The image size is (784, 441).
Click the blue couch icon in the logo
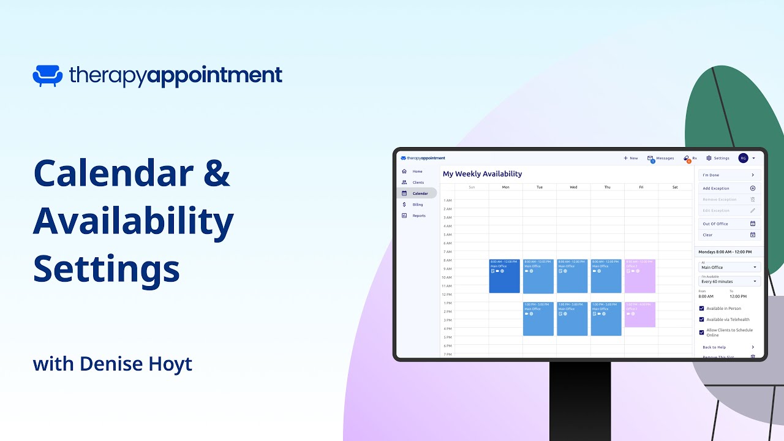pyautogui.click(x=47, y=75)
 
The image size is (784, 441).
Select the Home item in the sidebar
pyautogui.click(x=417, y=171)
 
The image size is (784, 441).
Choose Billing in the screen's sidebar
pyautogui.click(x=417, y=205)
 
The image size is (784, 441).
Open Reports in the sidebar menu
pyautogui.click(x=418, y=216)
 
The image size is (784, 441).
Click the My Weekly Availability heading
pyautogui.click(x=482, y=174)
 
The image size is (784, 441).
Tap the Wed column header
pyautogui.click(x=573, y=187)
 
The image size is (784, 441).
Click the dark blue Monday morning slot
pyautogui.click(x=505, y=276)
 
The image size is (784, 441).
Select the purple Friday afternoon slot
pyautogui.click(x=640, y=315)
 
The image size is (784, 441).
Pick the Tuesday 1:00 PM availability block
pyautogui.click(x=538, y=319)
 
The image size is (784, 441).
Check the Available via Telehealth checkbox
pyautogui.click(x=701, y=319)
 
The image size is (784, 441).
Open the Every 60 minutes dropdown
pyautogui.click(x=729, y=281)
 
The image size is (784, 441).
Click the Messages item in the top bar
pyautogui.click(x=661, y=158)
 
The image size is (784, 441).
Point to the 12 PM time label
pyautogui.click(x=448, y=295)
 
